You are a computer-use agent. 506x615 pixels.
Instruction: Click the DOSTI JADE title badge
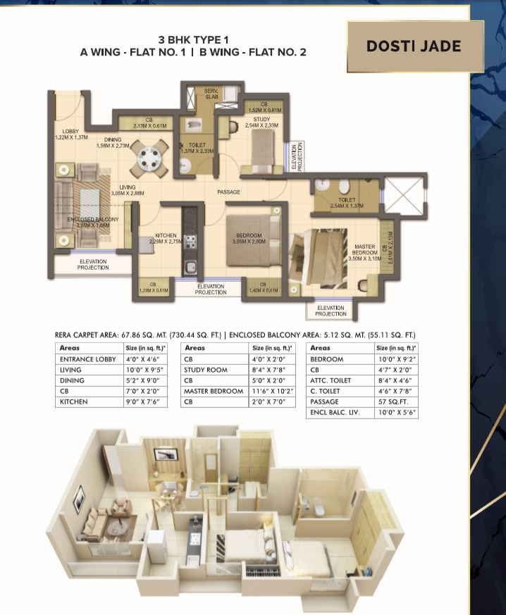point(414,47)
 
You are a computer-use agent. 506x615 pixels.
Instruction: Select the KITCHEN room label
point(166,237)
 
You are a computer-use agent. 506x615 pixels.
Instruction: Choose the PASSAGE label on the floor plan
point(228,192)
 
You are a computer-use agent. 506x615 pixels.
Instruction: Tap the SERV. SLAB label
point(212,94)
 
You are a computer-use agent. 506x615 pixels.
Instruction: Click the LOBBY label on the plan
point(70,132)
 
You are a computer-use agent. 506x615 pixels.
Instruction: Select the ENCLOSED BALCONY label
point(93,220)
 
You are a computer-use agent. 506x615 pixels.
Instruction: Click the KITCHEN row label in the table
point(73,402)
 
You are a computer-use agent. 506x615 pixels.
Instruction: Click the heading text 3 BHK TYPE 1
point(192,40)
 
